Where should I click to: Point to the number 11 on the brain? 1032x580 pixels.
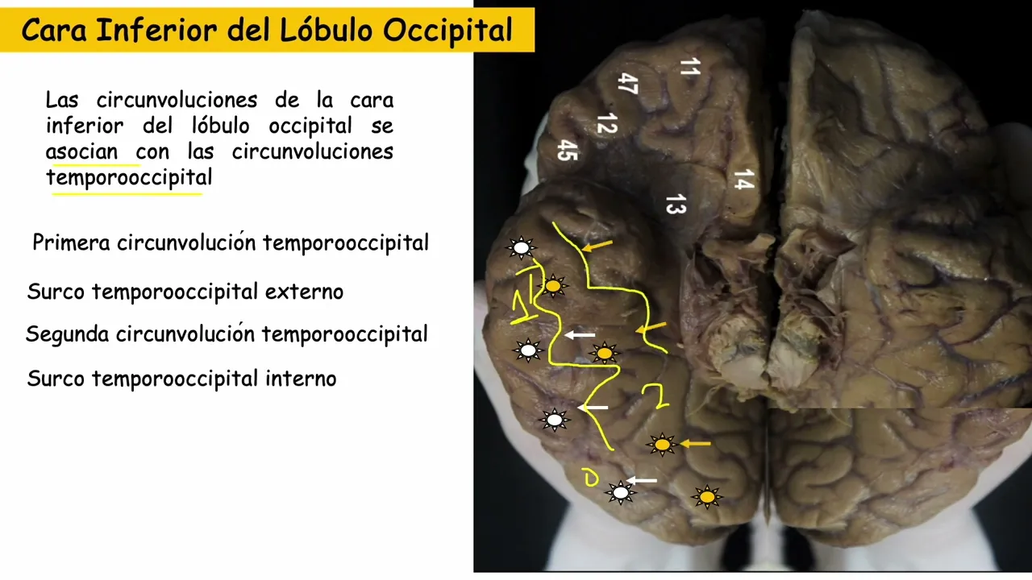pos(689,67)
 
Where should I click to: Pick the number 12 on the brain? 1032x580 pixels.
pos(606,124)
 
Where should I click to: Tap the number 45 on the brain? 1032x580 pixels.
pos(568,150)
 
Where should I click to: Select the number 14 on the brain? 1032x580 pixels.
pos(743,180)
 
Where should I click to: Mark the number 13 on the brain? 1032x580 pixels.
pos(675,205)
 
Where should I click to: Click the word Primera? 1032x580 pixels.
pos(71,242)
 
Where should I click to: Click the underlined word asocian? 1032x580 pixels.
pos(81,151)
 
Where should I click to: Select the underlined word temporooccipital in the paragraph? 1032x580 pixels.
pos(129,177)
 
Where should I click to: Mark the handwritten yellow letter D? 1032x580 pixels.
pos(590,478)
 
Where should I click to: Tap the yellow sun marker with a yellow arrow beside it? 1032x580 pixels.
pos(662,444)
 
